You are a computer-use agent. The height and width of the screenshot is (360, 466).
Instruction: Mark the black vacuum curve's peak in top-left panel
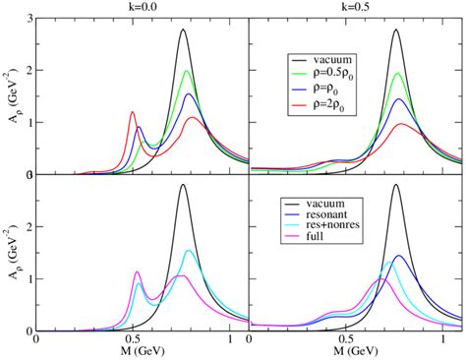(183, 30)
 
